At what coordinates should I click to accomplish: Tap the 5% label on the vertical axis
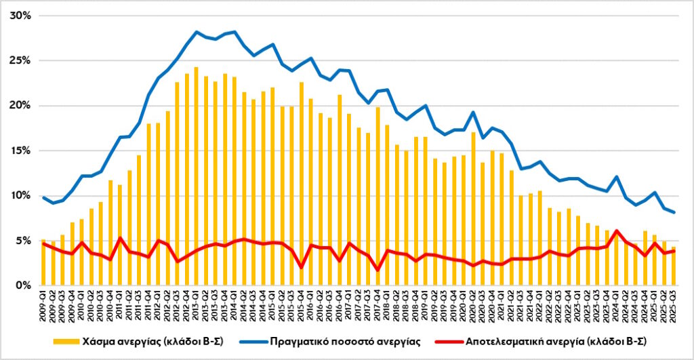point(23,241)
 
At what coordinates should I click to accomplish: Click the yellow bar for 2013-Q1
point(197,176)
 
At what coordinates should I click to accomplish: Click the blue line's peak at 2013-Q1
point(197,32)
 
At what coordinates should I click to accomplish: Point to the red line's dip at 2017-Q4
point(378,270)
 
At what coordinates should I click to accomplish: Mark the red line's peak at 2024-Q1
point(616,231)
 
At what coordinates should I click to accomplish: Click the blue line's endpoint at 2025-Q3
point(674,212)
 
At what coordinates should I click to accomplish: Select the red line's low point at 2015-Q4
point(302,267)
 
